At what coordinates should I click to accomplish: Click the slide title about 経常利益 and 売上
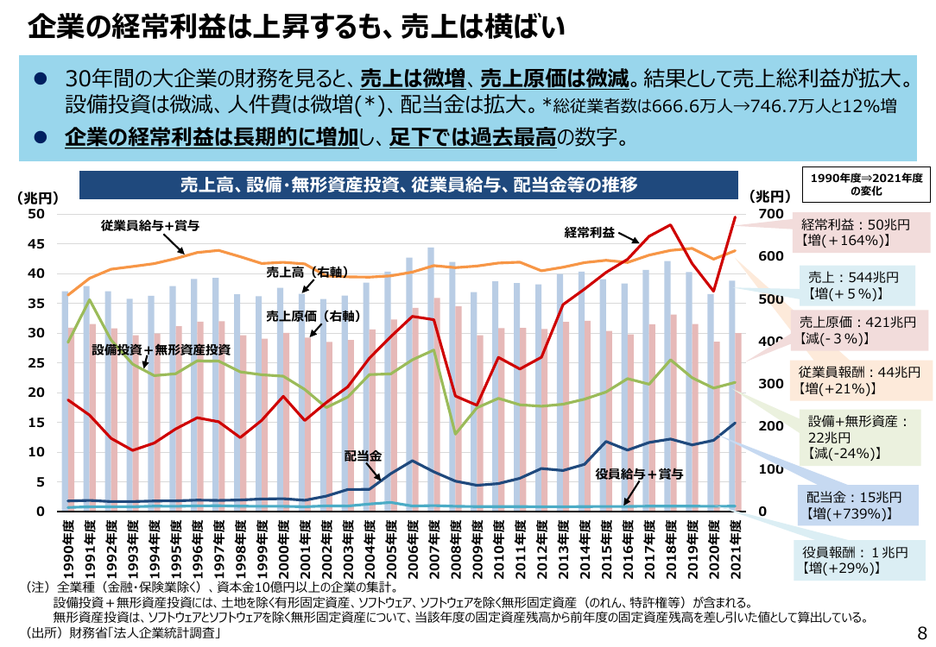[x=296, y=27]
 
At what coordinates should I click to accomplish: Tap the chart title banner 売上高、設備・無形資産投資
[x=409, y=185]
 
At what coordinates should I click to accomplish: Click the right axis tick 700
[x=771, y=214]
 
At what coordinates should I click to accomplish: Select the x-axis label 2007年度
[x=434, y=550]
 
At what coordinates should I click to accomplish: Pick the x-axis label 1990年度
[x=69, y=550]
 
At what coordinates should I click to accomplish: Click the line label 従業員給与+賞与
[x=150, y=225]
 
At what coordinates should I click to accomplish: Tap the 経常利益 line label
[x=589, y=233]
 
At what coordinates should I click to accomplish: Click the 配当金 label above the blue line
[x=363, y=456]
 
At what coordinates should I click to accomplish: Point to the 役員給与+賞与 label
[x=639, y=474]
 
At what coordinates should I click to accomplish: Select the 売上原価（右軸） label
[x=313, y=316]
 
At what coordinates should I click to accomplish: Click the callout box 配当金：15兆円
[x=858, y=506]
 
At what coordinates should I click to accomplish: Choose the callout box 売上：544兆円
[x=852, y=286]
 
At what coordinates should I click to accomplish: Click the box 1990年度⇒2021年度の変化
[x=866, y=185]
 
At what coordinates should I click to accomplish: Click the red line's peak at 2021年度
[x=735, y=217]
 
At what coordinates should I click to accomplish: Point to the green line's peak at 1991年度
[x=90, y=298]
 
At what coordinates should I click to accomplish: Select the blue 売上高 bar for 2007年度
[x=430, y=380]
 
